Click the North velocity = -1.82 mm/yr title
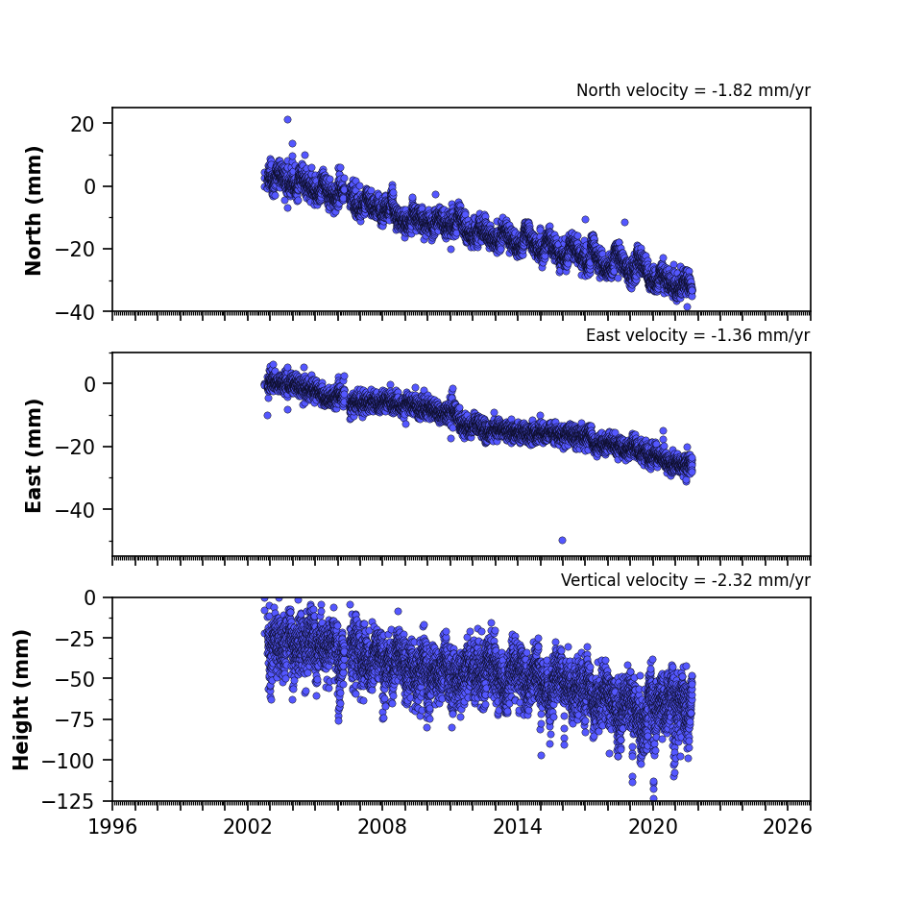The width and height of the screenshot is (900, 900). click(x=693, y=90)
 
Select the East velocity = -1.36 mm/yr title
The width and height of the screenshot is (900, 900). click(x=698, y=335)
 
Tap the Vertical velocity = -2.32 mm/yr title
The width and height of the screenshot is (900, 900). click(x=686, y=580)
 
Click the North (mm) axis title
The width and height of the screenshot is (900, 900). click(x=34, y=210)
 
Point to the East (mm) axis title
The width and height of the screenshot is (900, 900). click(x=34, y=455)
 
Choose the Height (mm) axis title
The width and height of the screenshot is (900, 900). click(x=21, y=699)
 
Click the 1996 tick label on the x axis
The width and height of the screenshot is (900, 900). click(x=112, y=827)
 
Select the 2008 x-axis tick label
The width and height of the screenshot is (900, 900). click(x=382, y=827)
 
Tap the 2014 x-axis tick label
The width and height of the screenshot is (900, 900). click(x=518, y=827)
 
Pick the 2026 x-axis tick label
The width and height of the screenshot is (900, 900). click(x=788, y=827)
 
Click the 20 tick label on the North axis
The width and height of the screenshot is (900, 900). click(x=83, y=124)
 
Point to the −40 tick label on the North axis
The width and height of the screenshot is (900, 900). click(x=75, y=312)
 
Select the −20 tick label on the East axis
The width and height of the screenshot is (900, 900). click(x=75, y=448)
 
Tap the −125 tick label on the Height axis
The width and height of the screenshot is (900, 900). click(x=69, y=801)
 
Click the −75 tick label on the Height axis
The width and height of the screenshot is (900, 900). click(x=75, y=719)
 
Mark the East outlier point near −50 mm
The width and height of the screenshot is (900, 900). click(x=563, y=540)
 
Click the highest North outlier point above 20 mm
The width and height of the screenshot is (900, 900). click(x=287, y=119)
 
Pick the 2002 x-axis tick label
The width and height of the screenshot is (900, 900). click(x=248, y=827)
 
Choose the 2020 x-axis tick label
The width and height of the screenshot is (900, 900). click(x=652, y=827)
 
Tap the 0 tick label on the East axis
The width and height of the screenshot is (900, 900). click(x=89, y=384)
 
